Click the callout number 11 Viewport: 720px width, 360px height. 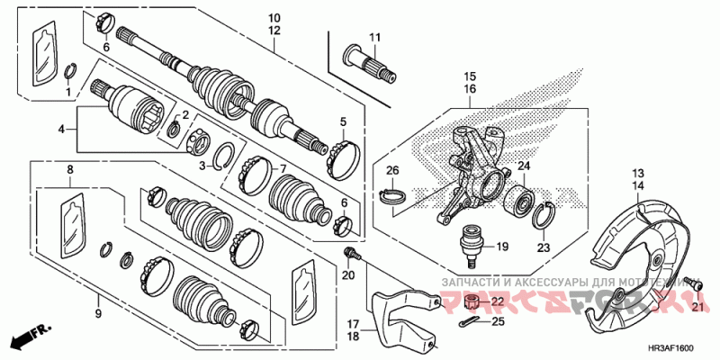coord(375,37)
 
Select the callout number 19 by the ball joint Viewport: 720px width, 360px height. coord(502,245)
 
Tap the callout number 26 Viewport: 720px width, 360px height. coord(392,170)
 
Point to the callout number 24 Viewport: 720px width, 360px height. coord(523,166)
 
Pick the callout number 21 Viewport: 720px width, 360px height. coord(696,306)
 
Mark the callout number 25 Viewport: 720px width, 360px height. coord(498,320)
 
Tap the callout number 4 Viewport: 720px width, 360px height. coord(62,130)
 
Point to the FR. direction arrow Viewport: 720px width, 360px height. coord(30,338)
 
